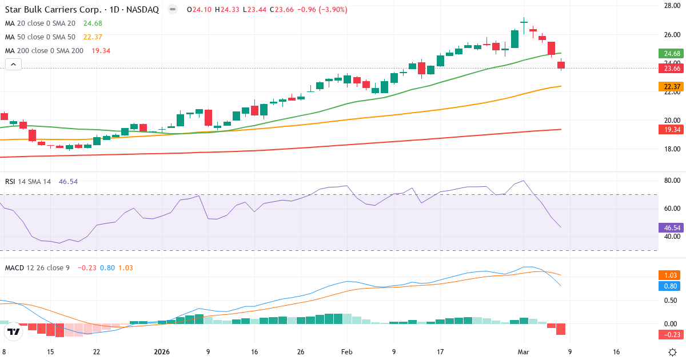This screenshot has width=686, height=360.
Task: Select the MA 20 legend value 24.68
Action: [x=93, y=23]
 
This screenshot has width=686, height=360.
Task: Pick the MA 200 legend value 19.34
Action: [x=101, y=51]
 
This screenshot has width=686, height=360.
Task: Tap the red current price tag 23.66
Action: [x=670, y=69]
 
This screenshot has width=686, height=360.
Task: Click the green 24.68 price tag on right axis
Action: [x=670, y=54]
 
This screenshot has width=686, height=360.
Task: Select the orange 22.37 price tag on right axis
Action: [x=670, y=87]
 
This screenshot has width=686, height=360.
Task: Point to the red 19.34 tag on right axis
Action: [x=670, y=130]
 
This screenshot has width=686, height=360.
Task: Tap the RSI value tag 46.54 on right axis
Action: [x=670, y=227]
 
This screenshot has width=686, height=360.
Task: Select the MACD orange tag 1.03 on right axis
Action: [x=670, y=275]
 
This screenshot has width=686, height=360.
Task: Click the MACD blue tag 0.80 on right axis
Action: [x=670, y=286]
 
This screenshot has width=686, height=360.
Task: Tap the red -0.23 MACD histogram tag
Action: [x=670, y=335]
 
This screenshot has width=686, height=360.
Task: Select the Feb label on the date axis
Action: [x=346, y=352]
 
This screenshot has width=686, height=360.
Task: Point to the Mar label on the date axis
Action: [x=524, y=352]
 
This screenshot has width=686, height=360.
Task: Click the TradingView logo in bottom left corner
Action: [x=14, y=332]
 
